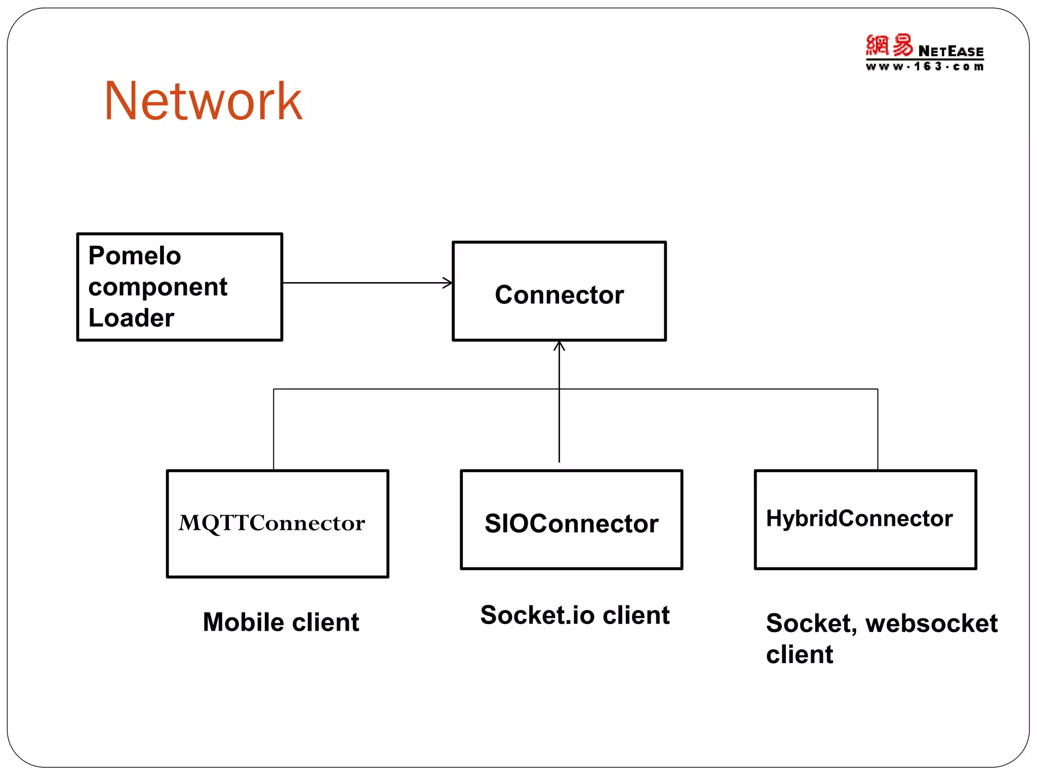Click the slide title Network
203,101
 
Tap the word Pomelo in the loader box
135,255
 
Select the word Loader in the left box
131,318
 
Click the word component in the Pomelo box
157,287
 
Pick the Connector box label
559,295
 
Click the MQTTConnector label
271,523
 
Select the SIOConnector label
571,524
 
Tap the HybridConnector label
859,519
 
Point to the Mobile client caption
281,622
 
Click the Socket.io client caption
575,615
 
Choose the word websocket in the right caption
931,624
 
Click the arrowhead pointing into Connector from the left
448,283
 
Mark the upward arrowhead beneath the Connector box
559,346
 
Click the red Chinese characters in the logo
889,46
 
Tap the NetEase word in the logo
950,52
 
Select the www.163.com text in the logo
925,67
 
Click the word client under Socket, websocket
799,655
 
